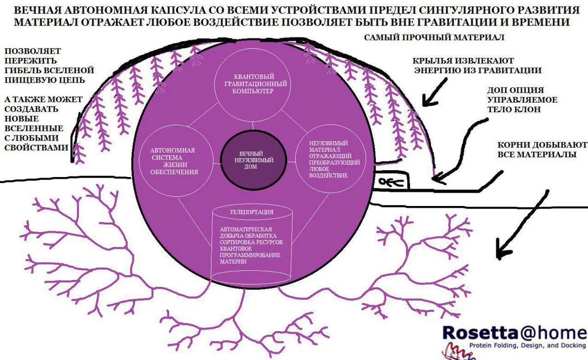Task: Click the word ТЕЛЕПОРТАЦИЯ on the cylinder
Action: (x=252, y=212)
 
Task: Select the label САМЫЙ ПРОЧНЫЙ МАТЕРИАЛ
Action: (x=435, y=37)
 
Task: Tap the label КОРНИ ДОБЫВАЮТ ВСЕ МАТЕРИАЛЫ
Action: (x=542, y=150)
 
